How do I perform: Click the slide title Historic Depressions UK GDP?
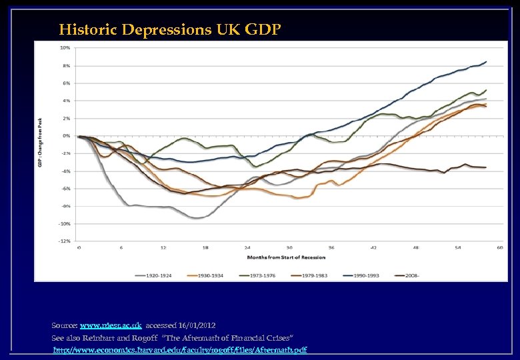[169, 29]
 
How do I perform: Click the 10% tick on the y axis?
[65, 48]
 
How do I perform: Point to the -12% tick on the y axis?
[65, 241]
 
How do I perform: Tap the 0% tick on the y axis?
[66, 136]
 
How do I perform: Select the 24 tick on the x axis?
[247, 247]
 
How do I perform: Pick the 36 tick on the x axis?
[331, 247]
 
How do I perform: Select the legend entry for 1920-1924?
[151, 275]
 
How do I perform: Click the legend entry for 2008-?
[405, 275]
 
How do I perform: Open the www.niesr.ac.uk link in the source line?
[110, 325]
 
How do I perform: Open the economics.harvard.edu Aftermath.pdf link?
[180, 350]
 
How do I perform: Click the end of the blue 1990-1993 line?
[486, 62]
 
